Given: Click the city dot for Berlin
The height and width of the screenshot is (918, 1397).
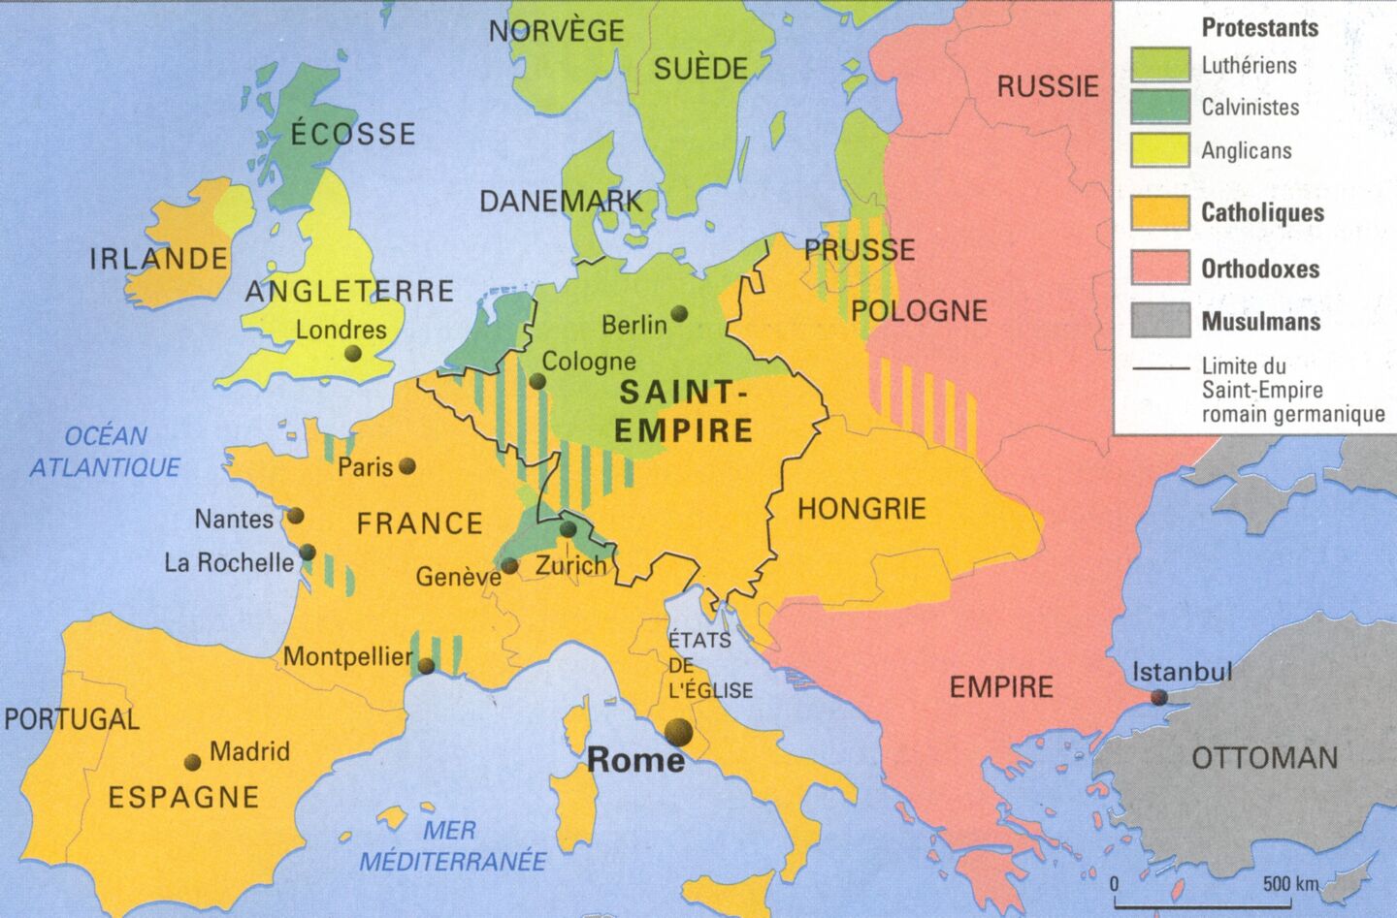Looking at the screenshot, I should pyautogui.click(x=679, y=313).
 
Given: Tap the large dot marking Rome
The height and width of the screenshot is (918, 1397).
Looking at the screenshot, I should pyautogui.click(x=678, y=732).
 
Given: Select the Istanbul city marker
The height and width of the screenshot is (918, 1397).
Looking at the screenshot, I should pyautogui.click(x=1159, y=697).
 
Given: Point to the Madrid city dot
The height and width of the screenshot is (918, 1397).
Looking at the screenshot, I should pyautogui.click(x=193, y=762).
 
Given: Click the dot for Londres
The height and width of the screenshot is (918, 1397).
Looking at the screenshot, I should pyautogui.click(x=352, y=355).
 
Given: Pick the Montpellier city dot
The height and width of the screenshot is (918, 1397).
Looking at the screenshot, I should pyautogui.click(x=425, y=666).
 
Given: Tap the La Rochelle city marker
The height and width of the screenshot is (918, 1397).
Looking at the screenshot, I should pyautogui.click(x=308, y=553).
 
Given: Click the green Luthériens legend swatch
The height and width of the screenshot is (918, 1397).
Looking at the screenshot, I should pyautogui.click(x=1160, y=65).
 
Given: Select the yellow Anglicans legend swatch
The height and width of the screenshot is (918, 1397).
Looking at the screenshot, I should pyautogui.click(x=1160, y=150).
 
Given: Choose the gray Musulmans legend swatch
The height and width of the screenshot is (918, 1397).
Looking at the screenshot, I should pyautogui.click(x=1160, y=321).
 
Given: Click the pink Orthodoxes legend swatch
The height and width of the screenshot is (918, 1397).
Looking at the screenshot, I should pyautogui.click(x=1160, y=269).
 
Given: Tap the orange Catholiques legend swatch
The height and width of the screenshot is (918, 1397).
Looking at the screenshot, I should pyautogui.click(x=1160, y=213).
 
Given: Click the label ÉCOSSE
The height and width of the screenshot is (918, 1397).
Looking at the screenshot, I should pyautogui.click(x=353, y=134).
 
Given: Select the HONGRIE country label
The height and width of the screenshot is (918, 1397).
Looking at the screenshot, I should pyautogui.click(x=861, y=509).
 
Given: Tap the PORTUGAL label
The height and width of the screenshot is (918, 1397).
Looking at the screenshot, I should pyautogui.click(x=72, y=719).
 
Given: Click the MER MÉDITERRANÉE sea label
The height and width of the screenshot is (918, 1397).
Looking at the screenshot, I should pyautogui.click(x=452, y=845).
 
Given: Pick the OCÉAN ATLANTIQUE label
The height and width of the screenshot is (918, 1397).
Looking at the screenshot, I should pyautogui.click(x=105, y=452).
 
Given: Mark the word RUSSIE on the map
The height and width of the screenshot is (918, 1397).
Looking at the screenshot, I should pyautogui.click(x=1048, y=86).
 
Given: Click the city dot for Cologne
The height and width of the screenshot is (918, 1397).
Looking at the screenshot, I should pyautogui.click(x=536, y=382).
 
